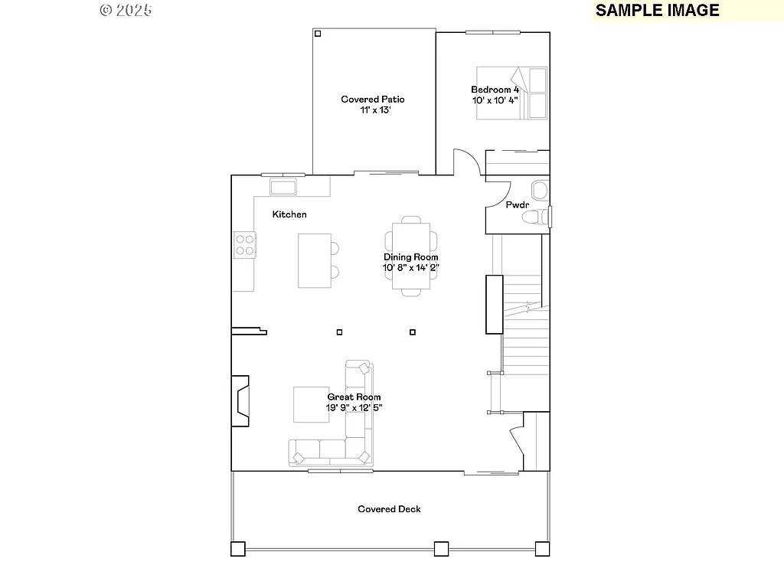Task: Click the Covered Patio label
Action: point(373,100)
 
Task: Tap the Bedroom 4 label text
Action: point(495,90)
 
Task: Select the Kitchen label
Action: point(289,214)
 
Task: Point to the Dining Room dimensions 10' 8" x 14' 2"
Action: point(411,268)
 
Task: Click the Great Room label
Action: point(354,397)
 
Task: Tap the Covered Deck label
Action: point(389,509)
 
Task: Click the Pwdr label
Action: point(518,205)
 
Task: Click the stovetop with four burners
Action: point(245,244)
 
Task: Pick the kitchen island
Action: point(315,260)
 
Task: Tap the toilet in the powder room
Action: point(536,218)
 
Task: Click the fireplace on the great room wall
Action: point(241,400)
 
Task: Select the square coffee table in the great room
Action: point(310,404)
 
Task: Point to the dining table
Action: point(411,256)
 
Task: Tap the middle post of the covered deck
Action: point(440,548)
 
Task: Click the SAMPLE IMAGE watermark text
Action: point(657,10)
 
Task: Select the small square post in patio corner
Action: point(318,33)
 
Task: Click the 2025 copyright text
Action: point(126,10)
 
